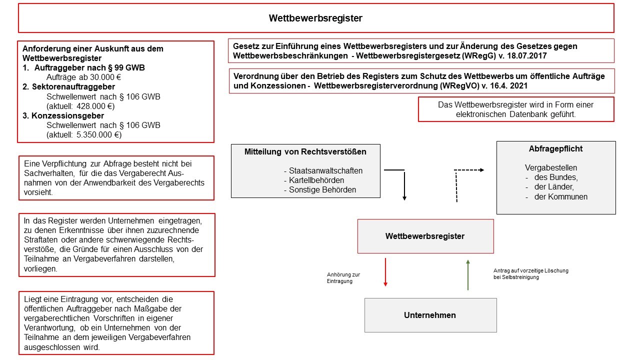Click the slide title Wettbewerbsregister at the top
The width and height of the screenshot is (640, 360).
pos(315,18)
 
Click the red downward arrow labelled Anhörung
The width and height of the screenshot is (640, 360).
pos(385,272)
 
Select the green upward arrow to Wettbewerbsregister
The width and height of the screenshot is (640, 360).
pos(468,274)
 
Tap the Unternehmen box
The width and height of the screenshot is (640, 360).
pos(430,315)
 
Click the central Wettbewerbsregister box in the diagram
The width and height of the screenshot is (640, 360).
pos(425,236)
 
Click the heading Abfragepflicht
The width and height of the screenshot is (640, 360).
pos(555,149)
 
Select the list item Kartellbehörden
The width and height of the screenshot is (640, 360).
pos(316,180)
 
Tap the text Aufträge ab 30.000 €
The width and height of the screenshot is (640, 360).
pos(84,77)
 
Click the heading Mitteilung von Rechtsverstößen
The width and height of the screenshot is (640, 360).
pos(305,151)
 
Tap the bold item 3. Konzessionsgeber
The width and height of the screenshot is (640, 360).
pos(64,115)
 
